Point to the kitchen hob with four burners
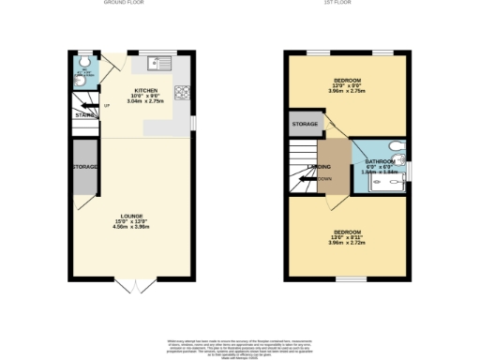[180, 92]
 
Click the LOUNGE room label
[131, 217]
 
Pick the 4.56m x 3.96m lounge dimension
[131, 228]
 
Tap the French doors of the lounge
[131, 283]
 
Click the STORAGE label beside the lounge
[84, 168]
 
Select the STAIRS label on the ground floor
[82, 116]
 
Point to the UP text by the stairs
[106, 105]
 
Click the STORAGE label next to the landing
[305, 124]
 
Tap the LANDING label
[321, 168]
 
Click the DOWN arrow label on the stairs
[323, 178]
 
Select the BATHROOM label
[379, 162]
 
